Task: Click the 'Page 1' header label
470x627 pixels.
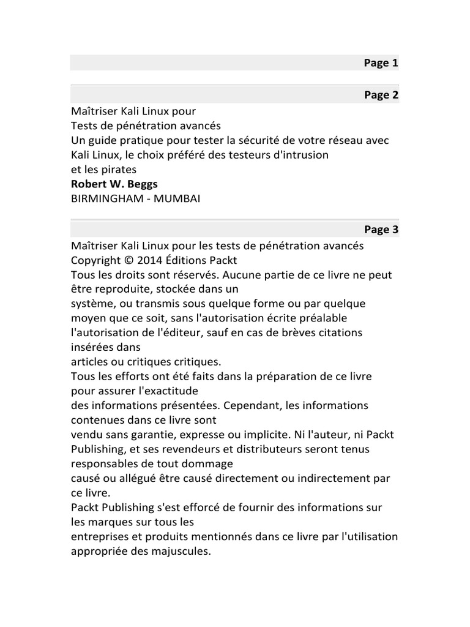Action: [381, 63]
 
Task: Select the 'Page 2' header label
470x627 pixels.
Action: [381, 95]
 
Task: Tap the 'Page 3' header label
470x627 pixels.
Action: [381, 230]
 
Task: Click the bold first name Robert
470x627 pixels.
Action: [89, 184]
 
